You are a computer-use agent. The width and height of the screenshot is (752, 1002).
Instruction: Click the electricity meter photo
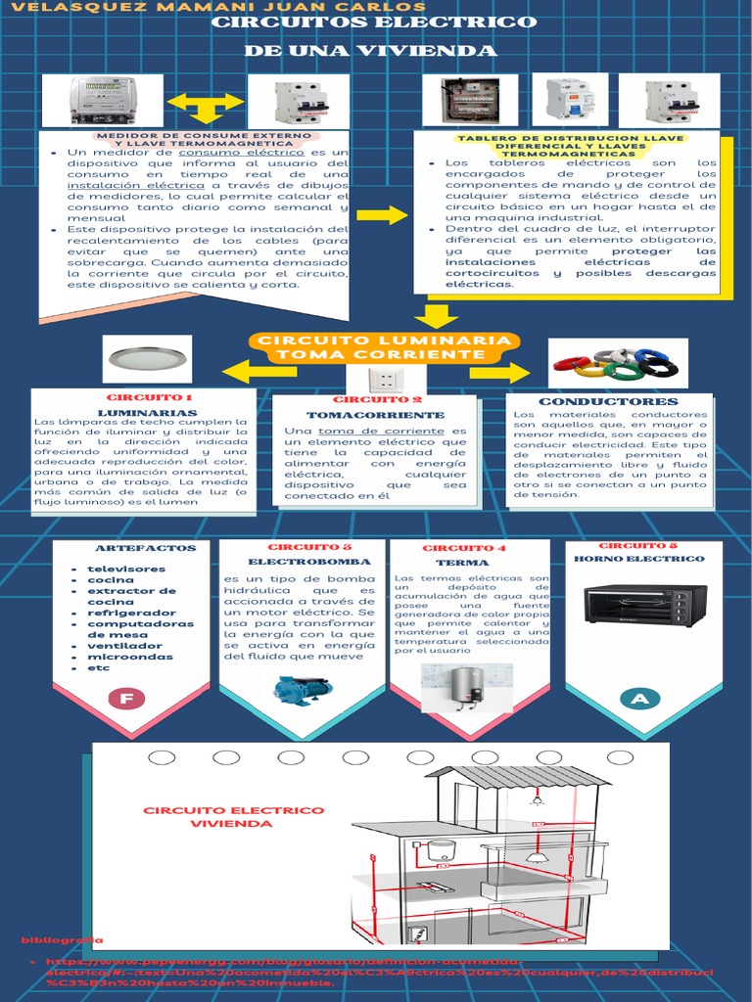tap(104, 101)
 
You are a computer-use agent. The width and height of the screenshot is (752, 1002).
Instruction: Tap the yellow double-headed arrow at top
tap(206, 102)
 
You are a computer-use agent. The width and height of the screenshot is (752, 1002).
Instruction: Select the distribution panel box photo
tap(470, 100)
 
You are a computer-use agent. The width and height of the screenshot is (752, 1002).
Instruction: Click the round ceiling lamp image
tap(150, 359)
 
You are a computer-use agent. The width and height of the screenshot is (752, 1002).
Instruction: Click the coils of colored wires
tap(617, 363)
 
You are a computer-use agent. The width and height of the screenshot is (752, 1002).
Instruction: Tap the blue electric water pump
tap(302, 690)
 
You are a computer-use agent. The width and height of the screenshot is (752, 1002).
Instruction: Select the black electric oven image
tap(644, 605)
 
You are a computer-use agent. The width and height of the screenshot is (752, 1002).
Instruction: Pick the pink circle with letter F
tap(124, 699)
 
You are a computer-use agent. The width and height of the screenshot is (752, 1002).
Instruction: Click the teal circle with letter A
tap(639, 698)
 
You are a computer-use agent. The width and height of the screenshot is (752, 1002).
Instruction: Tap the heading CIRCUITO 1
tap(149, 398)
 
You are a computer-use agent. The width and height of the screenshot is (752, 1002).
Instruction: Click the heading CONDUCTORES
tap(608, 401)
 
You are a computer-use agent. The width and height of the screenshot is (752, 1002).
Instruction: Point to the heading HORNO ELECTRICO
tap(638, 559)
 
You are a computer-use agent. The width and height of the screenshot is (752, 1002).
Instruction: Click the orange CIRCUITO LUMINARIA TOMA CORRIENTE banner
tap(383, 346)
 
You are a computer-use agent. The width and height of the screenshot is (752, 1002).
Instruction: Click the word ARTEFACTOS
tap(132, 548)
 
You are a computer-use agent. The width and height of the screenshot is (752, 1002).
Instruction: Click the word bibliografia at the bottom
tap(62, 939)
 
